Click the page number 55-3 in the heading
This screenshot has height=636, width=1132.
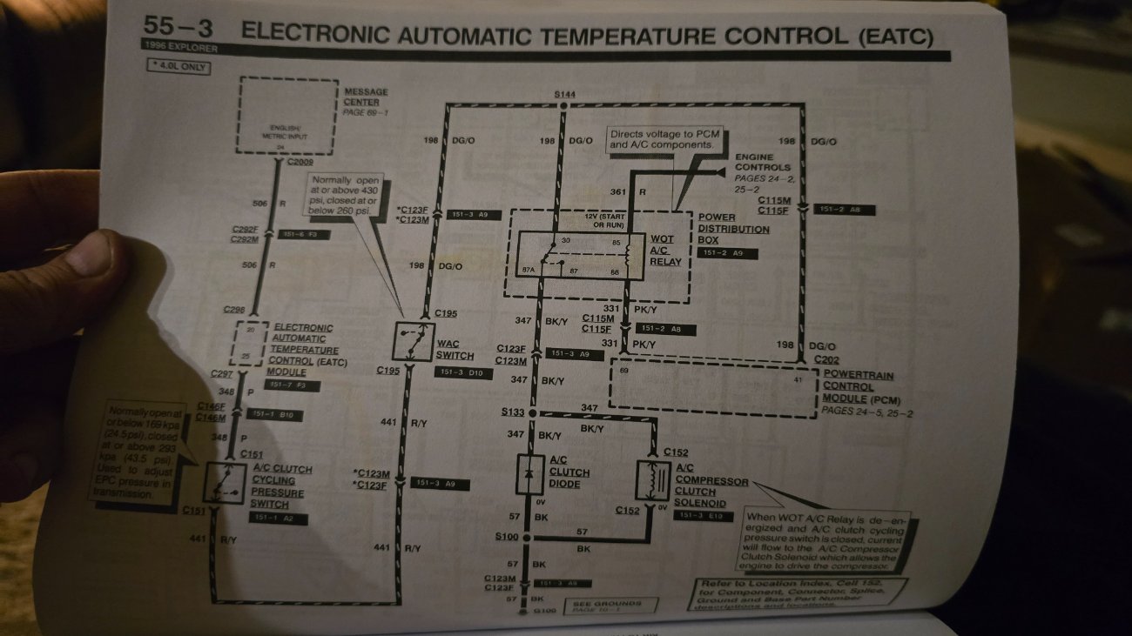pyautogui.click(x=179, y=28)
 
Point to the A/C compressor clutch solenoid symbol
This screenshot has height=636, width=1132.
pyautogui.click(x=653, y=479)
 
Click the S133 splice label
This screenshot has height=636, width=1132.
pyautogui.click(x=515, y=412)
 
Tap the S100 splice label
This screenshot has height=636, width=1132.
pyautogui.click(x=507, y=537)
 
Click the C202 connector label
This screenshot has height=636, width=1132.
pyautogui.click(x=826, y=360)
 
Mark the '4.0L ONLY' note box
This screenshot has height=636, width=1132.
pyautogui.click(x=179, y=65)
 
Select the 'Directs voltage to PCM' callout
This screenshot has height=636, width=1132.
pyautogui.click(x=663, y=139)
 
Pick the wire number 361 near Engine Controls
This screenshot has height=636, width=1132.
pyautogui.click(x=617, y=191)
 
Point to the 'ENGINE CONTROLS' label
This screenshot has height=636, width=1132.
pyautogui.click(x=763, y=162)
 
